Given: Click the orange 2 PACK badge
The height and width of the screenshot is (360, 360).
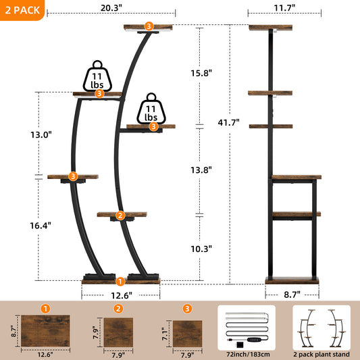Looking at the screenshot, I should [23, 10].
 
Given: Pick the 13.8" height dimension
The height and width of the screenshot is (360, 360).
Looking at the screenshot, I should [200, 170].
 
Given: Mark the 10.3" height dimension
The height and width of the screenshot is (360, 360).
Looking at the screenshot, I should [200, 248].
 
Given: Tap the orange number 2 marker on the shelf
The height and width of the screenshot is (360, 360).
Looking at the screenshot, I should [120, 215].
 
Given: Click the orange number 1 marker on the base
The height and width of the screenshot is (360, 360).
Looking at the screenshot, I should [120, 281].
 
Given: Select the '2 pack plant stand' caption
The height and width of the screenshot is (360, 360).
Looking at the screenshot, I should [321, 353].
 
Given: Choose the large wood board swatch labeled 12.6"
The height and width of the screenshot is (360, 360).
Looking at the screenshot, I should [45, 329].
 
